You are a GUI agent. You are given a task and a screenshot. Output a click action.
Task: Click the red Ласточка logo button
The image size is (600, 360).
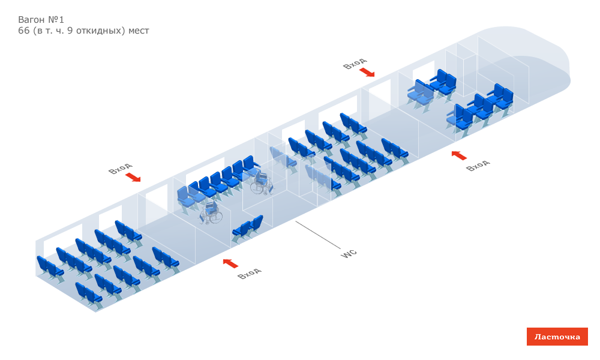557,337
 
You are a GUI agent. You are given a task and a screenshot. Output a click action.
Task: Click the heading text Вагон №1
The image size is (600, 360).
41,20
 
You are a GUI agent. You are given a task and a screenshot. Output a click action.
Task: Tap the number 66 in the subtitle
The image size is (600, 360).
24,31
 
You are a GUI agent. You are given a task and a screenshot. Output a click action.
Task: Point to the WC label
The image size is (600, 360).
349,253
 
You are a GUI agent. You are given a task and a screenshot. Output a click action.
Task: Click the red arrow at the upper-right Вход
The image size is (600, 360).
367,73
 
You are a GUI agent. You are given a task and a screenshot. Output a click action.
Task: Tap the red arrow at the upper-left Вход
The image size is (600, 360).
133,177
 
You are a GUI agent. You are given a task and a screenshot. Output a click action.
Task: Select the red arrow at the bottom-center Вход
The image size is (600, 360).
230,263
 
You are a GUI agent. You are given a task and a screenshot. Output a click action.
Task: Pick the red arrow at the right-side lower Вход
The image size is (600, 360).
458,155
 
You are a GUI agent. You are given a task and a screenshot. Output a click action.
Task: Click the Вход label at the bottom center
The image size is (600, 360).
249,273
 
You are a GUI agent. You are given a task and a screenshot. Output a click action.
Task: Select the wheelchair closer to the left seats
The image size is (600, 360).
211,213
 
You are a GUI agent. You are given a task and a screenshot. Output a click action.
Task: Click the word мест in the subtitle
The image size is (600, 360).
138,31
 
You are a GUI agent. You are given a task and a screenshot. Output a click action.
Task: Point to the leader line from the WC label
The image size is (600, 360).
318,235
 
